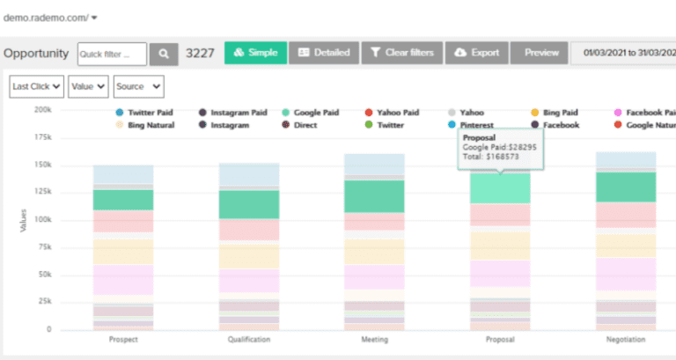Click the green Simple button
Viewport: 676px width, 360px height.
(255, 53)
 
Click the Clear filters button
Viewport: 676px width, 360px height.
(401, 53)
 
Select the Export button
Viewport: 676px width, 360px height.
(476, 53)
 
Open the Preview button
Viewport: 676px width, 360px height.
(541, 53)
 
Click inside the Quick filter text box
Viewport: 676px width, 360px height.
(112, 54)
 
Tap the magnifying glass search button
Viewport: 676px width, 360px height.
(163, 54)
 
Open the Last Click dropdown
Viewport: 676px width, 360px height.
(36, 86)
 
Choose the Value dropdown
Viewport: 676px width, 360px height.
(89, 86)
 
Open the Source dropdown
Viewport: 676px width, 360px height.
(138, 86)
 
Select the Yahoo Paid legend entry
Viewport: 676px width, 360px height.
(397, 113)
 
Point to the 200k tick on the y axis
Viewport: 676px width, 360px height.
(42, 110)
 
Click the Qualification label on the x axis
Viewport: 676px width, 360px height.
(249, 340)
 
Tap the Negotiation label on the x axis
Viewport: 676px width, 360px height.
(625, 340)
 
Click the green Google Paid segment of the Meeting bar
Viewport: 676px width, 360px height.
(374, 196)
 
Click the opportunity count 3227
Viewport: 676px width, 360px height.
(201, 54)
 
